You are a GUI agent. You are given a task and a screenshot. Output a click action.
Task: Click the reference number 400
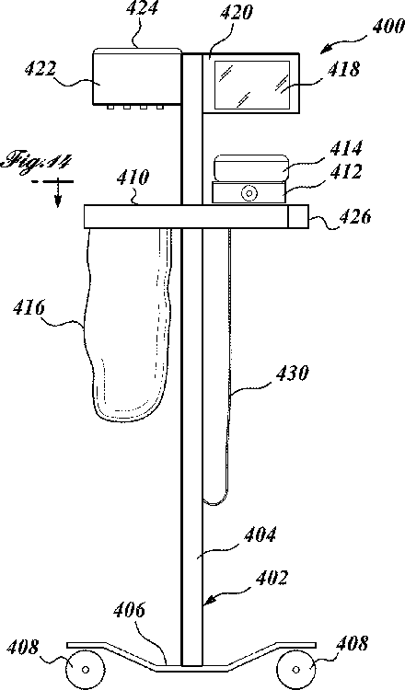point(388,27)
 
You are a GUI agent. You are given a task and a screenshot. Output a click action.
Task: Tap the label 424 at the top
point(142,9)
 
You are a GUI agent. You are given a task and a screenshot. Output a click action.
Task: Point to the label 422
point(40,69)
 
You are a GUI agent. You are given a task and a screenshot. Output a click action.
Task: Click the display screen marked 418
point(252,85)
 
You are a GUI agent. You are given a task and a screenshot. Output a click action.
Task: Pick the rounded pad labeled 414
point(251,167)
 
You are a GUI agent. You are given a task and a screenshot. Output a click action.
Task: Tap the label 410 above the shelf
point(133,178)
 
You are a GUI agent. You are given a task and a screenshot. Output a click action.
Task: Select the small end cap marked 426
point(298,216)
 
